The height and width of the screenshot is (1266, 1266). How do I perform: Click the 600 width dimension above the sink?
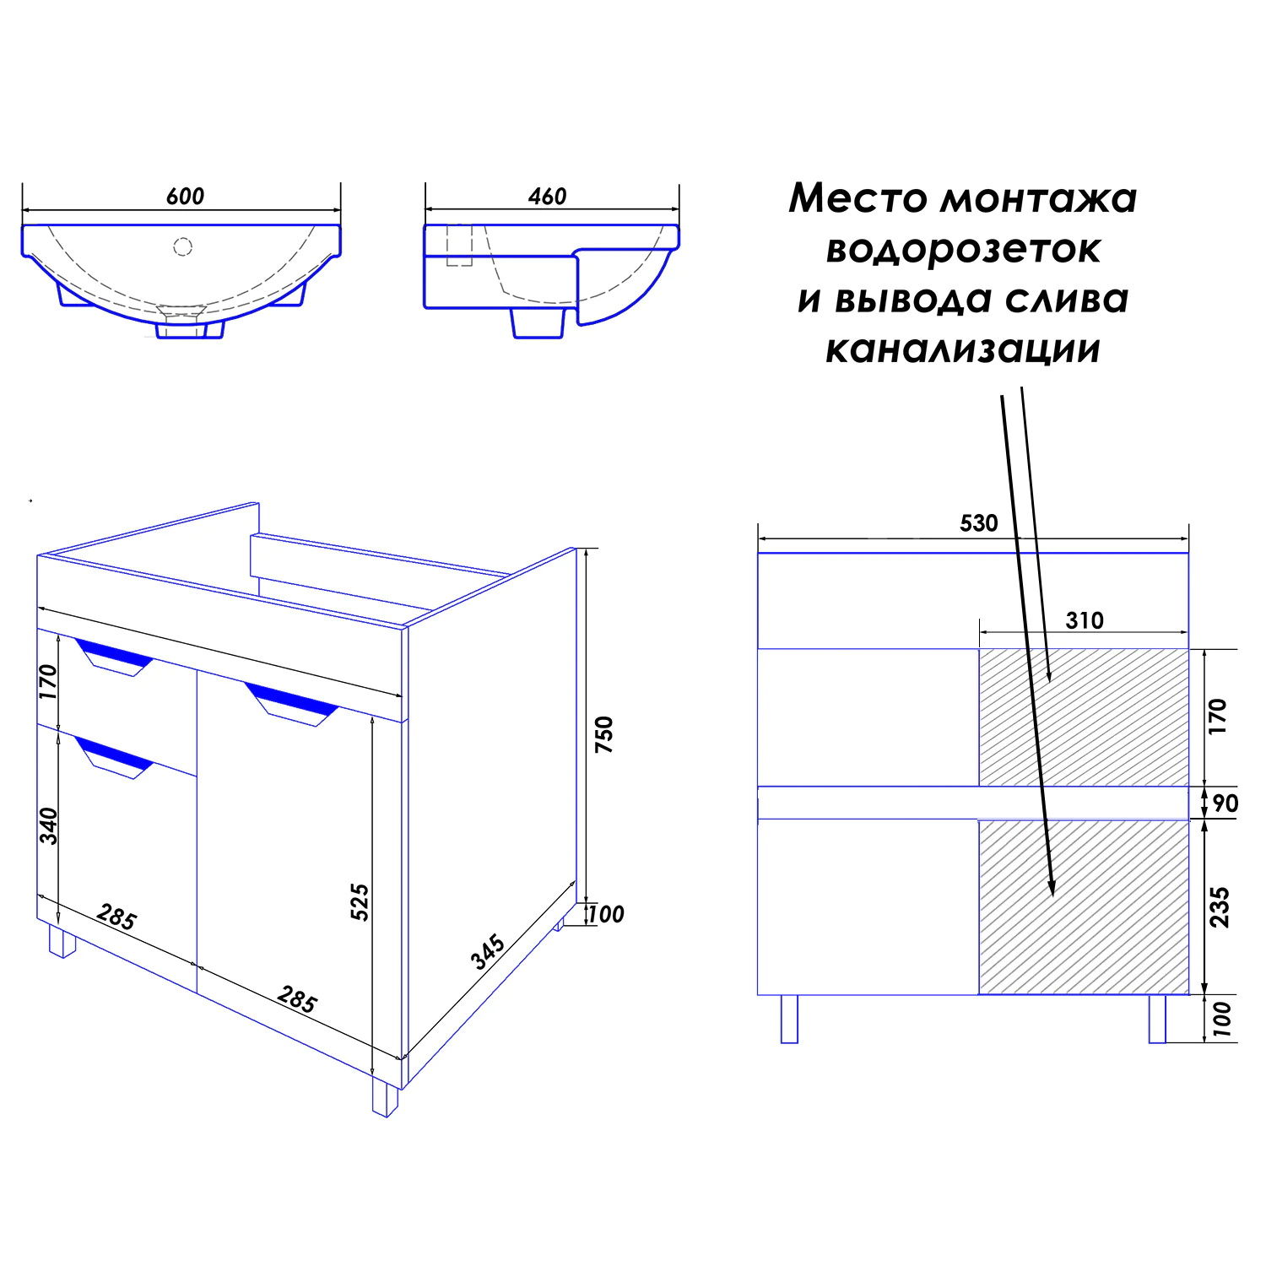185,197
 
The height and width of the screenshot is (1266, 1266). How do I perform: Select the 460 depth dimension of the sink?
547,197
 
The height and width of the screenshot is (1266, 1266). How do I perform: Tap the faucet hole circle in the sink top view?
183,246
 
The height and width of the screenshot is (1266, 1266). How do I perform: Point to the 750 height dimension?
604,734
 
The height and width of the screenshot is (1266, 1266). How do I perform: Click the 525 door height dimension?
360,901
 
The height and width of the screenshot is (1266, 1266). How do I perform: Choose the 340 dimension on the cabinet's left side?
49,825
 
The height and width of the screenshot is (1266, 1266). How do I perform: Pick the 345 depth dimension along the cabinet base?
488,951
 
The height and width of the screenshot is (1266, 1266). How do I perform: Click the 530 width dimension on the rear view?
978,523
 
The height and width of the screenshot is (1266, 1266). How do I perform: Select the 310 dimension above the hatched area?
1084,621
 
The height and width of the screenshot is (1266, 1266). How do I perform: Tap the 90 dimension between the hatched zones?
1225,803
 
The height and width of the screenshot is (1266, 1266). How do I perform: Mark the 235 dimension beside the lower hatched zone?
1220,907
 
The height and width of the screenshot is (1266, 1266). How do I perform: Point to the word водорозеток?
963,250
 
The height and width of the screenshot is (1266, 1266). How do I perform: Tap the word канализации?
963,349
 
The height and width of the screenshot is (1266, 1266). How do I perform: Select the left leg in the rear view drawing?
789,1019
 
